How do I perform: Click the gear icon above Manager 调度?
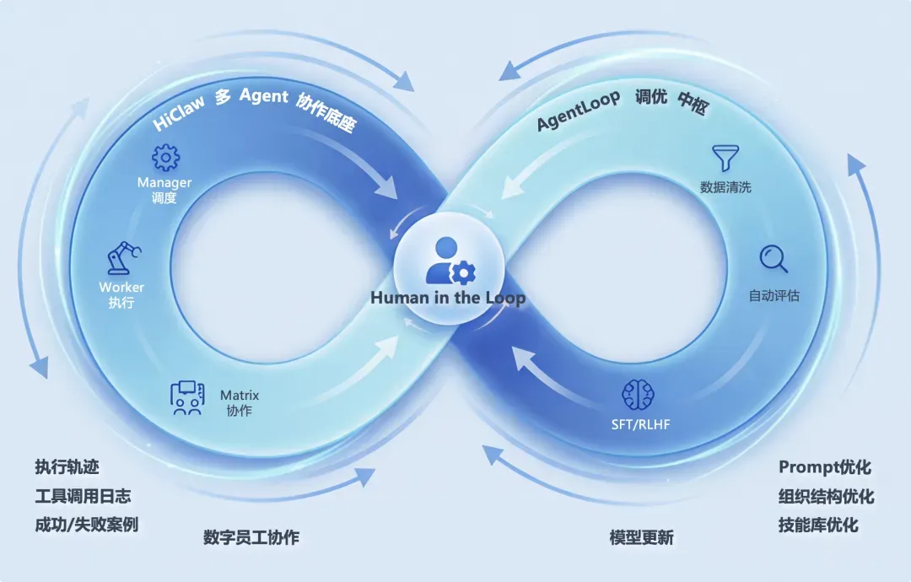[165, 158]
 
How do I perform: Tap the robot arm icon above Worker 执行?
[123, 256]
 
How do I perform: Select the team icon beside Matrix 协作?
[187, 397]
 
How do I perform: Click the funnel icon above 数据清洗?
[725, 158]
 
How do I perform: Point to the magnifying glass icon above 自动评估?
[774, 259]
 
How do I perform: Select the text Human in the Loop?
[448, 298]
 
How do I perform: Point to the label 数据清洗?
[725, 187]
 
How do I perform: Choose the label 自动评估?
[774, 296]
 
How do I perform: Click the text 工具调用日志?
[83, 496]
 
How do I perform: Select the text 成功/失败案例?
[86, 525]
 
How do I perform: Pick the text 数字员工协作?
[251, 537]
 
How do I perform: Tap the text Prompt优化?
[824, 467]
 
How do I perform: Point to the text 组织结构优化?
[826, 496]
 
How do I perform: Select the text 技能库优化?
[818, 525]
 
